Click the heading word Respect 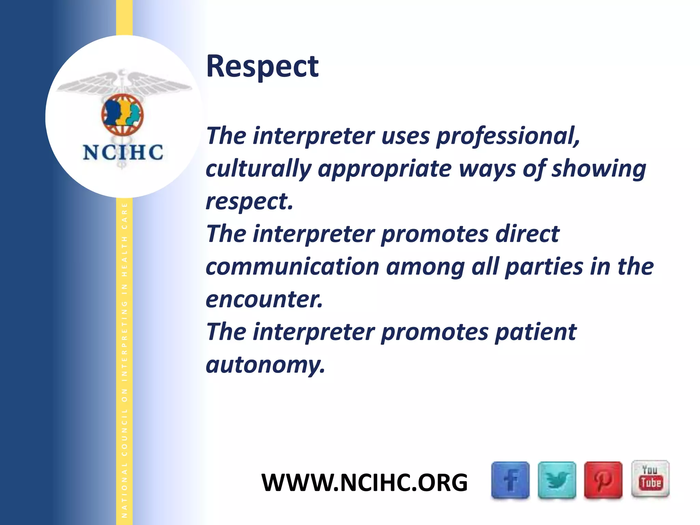pos(262,66)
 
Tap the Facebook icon pos(510,480)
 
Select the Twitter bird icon pos(557,480)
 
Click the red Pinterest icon pos(603,480)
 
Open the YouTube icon pos(650,479)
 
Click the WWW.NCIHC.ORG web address pos(364,482)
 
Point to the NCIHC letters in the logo pos(123,152)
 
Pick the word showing pos(599,169)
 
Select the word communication pos(293,267)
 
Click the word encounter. pos(264,299)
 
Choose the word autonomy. pos(265,365)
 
